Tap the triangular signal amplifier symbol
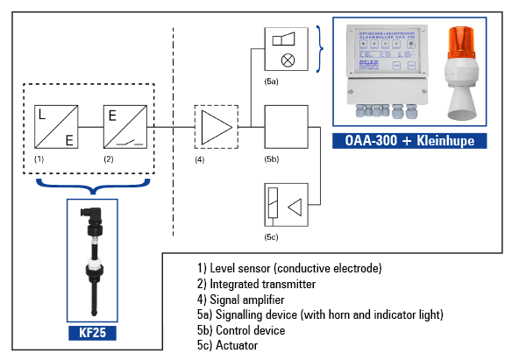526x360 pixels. click(214, 128)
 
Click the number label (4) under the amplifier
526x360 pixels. click(200, 160)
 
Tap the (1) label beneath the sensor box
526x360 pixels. click(39, 160)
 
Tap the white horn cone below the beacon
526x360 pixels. click(464, 103)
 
